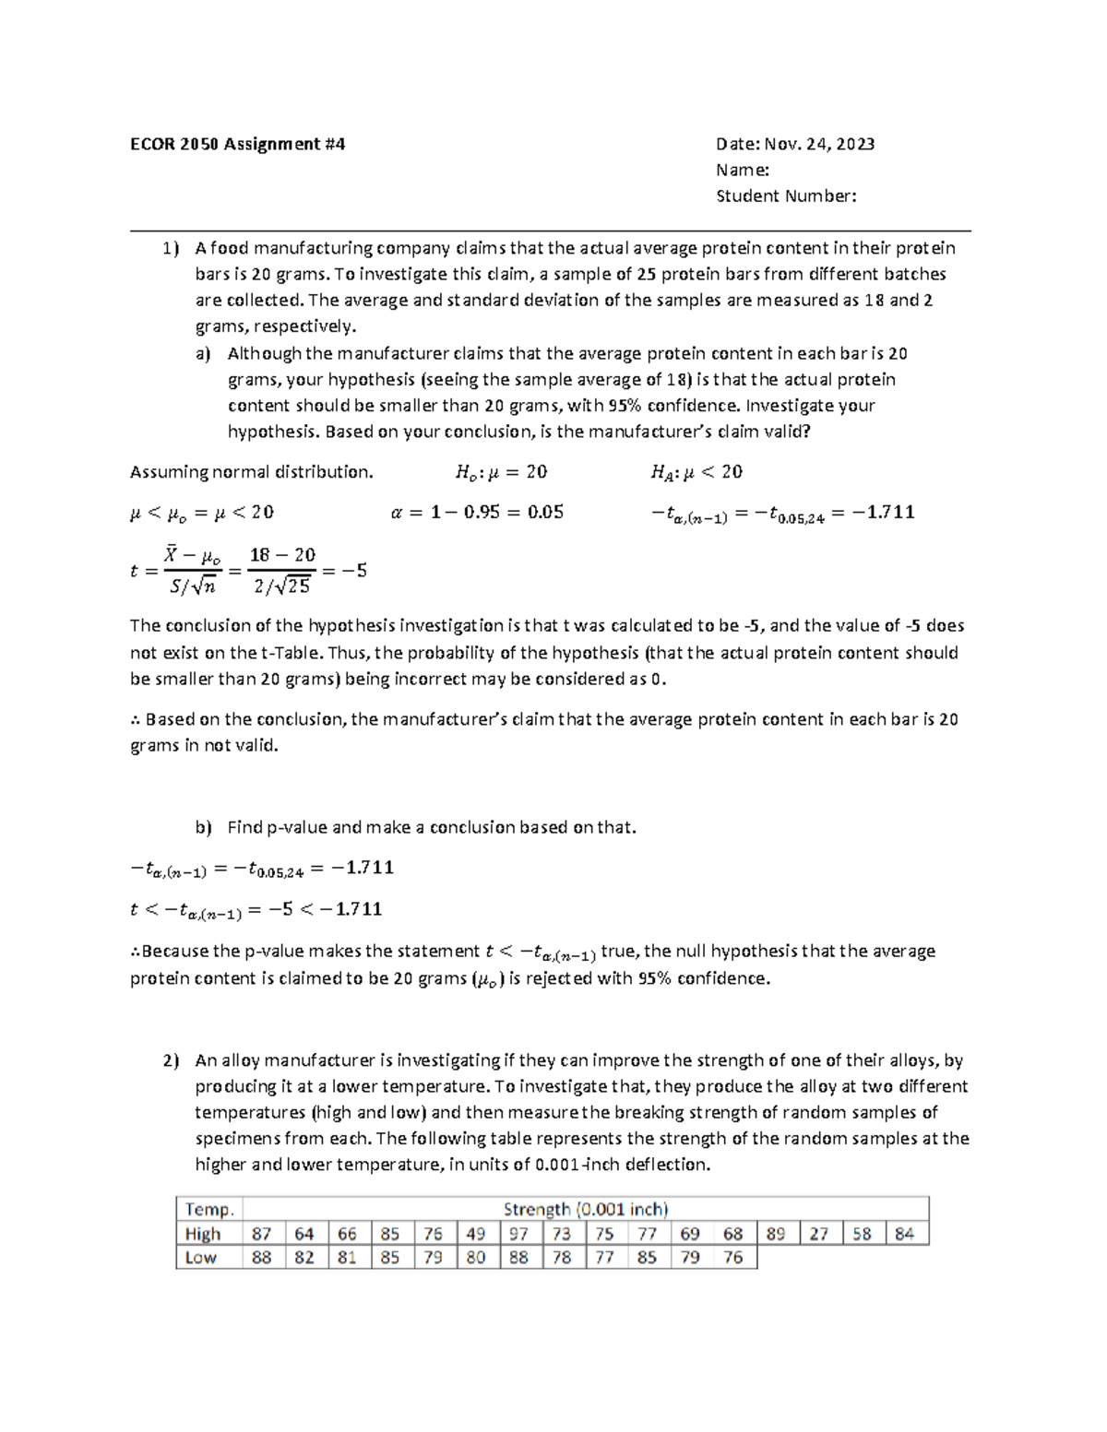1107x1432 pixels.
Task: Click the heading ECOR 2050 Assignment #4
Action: pyautogui.click(x=237, y=144)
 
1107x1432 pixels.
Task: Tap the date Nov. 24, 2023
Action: pyautogui.click(x=795, y=144)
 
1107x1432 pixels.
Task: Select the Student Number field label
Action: pyautogui.click(x=786, y=195)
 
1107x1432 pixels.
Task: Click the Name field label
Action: pyautogui.click(x=743, y=170)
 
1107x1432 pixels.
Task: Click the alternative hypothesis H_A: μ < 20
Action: pyautogui.click(x=696, y=472)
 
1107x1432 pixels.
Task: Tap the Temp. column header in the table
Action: pyautogui.click(x=209, y=1209)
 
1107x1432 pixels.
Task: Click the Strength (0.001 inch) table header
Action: pyautogui.click(x=585, y=1209)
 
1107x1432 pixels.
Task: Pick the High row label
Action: pyautogui.click(x=203, y=1234)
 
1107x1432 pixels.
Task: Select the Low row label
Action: pyautogui.click(x=200, y=1258)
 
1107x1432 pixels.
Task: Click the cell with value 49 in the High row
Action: pyautogui.click(x=476, y=1234)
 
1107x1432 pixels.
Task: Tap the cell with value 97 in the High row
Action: pyautogui.click(x=518, y=1234)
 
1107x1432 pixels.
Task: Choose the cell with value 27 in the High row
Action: pyautogui.click(x=819, y=1234)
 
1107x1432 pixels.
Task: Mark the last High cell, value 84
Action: pyautogui.click(x=905, y=1234)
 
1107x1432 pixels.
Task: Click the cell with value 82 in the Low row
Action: pyautogui.click(x=304, y=1258)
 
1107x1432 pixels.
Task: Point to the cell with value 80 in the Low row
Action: pyautogui.click(x=476, y=1258)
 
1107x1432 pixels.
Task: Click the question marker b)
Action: pyautogui.click(x=203, y=827)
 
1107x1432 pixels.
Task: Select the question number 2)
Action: pyautogui.click(x=171, y=1060)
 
